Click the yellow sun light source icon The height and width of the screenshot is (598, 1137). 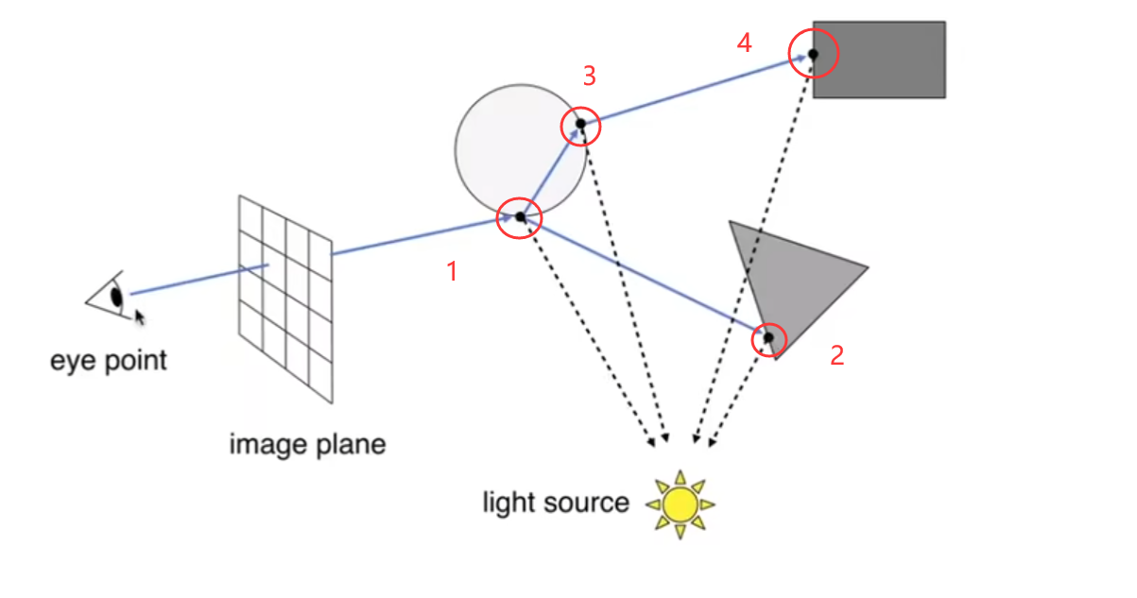(x=680, y=504)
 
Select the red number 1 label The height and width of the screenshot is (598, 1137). (x=452, y=272)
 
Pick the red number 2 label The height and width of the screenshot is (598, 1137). (x=836, y=355)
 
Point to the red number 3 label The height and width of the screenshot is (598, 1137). (x=589, y=76)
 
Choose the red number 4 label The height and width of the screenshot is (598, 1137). (x=745, y=43)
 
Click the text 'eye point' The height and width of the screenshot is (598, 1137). (x=109, y=360)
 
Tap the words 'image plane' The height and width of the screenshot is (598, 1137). (x=307, y=444)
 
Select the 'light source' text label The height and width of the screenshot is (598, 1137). (x=555, y=502)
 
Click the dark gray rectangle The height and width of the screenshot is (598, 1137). (x=888, y=59)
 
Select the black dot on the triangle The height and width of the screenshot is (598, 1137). (x=768, y=337)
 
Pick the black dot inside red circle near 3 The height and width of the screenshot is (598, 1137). (x=581, y=124)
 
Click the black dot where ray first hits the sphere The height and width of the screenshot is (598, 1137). (x=520, y=217)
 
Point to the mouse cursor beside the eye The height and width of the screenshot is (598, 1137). (x=140, y=316)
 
